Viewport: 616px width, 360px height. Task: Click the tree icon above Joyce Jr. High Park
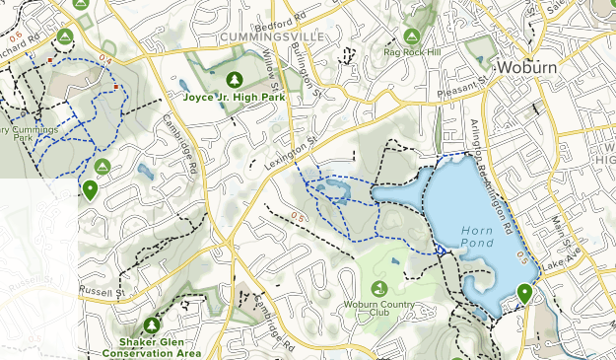[234, 79]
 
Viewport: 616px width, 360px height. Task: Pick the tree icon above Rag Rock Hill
[411, 36]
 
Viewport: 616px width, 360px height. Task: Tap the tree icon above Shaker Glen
[152, 324]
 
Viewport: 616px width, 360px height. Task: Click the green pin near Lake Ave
[524, 294]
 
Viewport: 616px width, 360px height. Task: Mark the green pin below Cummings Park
[91, 189]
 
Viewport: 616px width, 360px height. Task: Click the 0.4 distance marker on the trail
[105, 61]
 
